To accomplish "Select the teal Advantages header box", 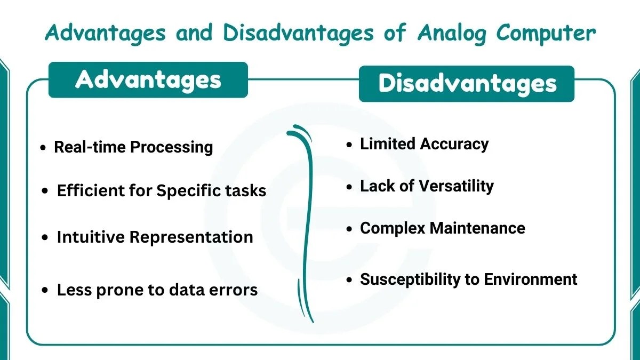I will click(x=148, y=80).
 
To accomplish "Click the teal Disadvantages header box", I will click(x=467, y=84).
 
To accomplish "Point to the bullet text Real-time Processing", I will click(x=133, y=147).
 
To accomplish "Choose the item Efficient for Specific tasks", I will click(x=161, y=190).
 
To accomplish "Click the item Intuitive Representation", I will click(x=155, y=237).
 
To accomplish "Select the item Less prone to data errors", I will click(x=157, y=290).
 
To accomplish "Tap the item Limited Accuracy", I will click(x=424, y=144).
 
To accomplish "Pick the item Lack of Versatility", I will click(x=427, y=186).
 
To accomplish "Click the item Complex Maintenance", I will click(x=442, y=228).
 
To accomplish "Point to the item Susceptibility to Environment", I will click(x=468, y=279).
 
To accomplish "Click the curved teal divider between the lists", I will click(x=308, y=224).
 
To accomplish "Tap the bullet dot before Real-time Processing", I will click(x=43, y=148).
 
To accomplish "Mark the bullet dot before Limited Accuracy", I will click(x=349, y=145).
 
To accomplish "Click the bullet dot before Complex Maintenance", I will click(x=349, y=229).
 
